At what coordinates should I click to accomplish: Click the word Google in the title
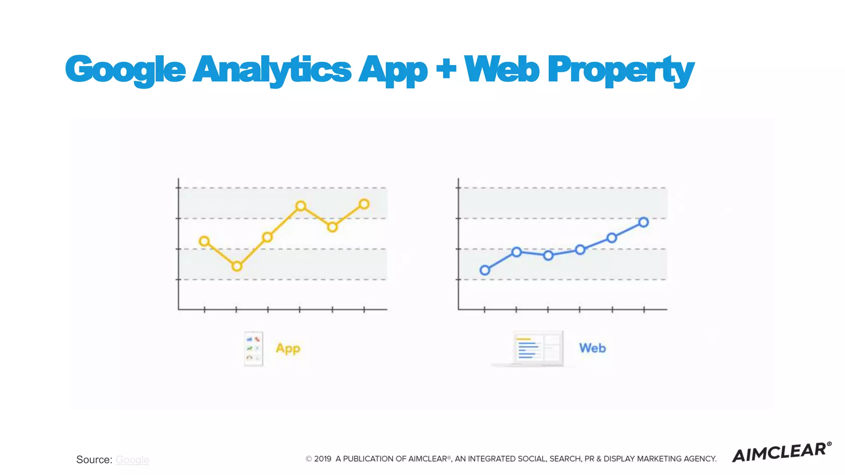(125, 69)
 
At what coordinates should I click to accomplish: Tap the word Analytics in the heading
(272, 69)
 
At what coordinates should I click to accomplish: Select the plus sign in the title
(446, 68)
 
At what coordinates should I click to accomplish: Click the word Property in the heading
(621, 69)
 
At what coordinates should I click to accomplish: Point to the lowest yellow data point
(237, 266)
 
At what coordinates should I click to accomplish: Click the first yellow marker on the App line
(204, 241)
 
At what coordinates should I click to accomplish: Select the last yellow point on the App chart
(364, 204)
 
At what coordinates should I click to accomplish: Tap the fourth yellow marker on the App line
(301, 206)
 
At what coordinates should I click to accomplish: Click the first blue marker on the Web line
(485, 270)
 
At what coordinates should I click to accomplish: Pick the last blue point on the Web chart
(644, 222)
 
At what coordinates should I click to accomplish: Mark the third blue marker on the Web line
(548, 256)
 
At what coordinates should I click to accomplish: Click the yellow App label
(288, 348)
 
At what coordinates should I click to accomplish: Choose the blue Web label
(592, 348)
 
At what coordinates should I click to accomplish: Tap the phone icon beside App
(253, 348)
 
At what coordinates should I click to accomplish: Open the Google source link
(132, 459)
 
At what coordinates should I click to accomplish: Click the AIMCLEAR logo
(781, 452)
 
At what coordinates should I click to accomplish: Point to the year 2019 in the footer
(323, 459)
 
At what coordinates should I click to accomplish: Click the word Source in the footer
(93, 459)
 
